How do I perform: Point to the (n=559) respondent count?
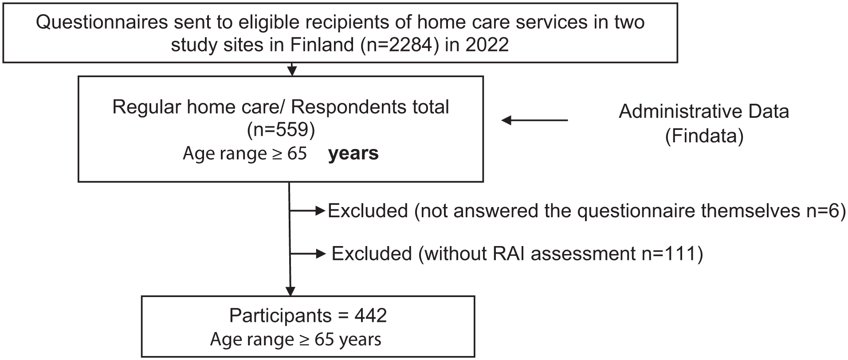click(x=281, y=130)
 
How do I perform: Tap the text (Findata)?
click(x=704, y=136)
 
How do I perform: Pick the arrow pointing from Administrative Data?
click(x=535, y=120)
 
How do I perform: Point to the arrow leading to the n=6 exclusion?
click(x=308, y=211)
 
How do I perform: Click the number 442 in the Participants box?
click(x=371, y=316)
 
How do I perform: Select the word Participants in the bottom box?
click(x=280, y=316)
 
